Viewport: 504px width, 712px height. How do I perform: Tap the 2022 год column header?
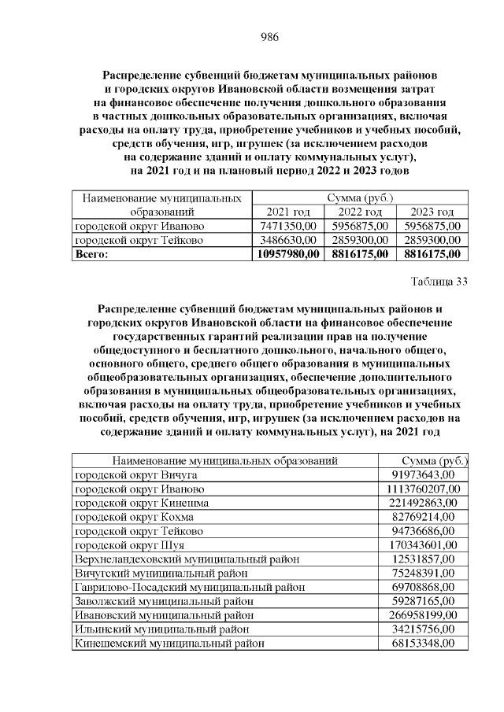point(360,212)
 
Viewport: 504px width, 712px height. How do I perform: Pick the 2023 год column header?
point(432,212)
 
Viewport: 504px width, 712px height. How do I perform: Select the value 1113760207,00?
point(423,489)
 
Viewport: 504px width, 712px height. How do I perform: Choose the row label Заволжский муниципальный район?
point(161,601)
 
